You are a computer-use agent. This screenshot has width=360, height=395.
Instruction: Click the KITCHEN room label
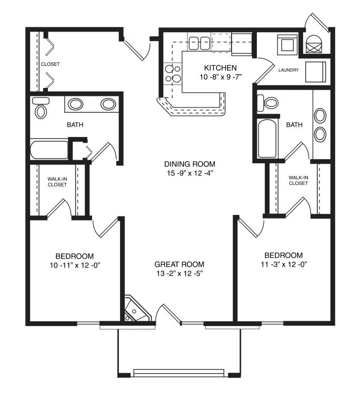pos(221,68)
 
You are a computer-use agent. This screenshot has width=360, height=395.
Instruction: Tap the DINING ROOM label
pos(189,164)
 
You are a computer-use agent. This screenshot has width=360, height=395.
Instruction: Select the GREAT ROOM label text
pos(179,264)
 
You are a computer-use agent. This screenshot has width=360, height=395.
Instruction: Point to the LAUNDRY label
pos(288,70)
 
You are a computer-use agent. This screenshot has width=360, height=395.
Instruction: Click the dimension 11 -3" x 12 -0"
pos(284,264)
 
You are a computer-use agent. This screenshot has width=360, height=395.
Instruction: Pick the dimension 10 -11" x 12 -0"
pos(75,265)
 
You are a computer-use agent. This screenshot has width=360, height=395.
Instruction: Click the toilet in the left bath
pos(41,107)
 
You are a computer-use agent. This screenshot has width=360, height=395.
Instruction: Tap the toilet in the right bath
pos(267,103)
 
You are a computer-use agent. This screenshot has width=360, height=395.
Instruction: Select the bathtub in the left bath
pos(49,150)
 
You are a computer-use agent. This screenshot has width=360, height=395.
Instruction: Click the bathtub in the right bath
pos(267,139)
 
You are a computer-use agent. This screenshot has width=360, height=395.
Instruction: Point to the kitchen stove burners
pos(173,74)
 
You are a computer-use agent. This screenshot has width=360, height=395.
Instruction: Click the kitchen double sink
pos(199,43)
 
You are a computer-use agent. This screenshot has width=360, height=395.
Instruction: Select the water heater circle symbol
pos(314,44)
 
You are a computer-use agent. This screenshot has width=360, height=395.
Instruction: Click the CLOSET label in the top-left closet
pos(51,64)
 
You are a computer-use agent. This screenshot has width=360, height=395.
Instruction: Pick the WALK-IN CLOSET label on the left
pos(57,182)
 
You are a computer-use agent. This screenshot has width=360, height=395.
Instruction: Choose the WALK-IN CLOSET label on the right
pos(298,180)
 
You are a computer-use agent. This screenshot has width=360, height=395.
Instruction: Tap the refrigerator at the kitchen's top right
pos(242,44)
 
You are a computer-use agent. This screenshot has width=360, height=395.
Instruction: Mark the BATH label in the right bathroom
pos(294,125)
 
